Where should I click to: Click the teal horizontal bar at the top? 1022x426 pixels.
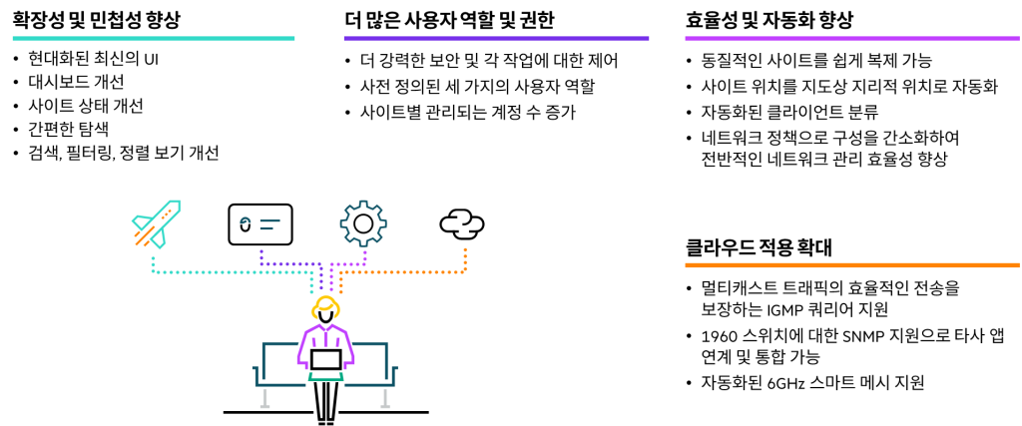[153, 38]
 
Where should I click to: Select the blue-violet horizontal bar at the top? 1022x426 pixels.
[496, 38]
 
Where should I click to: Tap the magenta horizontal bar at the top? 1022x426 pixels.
[851, 38]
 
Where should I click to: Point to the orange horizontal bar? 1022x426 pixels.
[851, 265]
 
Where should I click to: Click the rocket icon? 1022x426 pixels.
[157, 222]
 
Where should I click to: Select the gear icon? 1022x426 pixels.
[363, 222]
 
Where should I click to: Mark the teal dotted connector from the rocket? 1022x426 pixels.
[230, 271]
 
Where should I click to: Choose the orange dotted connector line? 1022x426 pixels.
[409, 271]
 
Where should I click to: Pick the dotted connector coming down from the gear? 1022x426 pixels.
[349, 264]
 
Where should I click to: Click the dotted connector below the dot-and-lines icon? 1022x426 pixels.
[289, 264]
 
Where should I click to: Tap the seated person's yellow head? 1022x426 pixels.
[325, 306]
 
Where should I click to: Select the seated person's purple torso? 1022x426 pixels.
[325, 347]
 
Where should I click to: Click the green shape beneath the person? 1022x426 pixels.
[325, 378]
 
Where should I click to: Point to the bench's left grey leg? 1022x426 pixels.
[264, 398]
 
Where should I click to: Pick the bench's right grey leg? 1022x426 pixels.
[385, 398]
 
